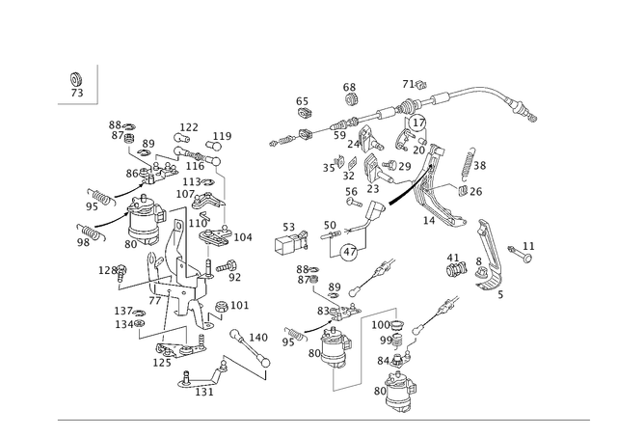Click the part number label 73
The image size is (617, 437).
click(x=77, y=93)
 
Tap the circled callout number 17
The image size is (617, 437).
click(x=417, y=123)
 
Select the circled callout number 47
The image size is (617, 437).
click(x=349, y=252)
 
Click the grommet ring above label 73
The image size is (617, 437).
click(x=75, y=79)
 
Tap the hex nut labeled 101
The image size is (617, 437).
click(x=221, y=307)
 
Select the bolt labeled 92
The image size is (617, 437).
click(x=226, y=266)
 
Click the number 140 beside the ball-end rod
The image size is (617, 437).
click(x=258, y=338)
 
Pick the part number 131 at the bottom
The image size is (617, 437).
click(x=204, y=392)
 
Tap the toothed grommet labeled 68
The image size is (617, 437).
click(x=350, y=99)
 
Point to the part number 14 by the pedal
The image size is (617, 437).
click(x=428, y=221)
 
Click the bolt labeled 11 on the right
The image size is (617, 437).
click(x=520, y=255)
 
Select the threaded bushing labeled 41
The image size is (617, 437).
click(x=456, y=270)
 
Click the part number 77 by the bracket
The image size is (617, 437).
click(x=154, y=301)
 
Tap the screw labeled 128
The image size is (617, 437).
click(x=121, y=272)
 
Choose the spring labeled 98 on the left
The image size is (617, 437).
click(x=92, y=232)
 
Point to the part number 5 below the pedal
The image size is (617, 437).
click(x=500, y=294)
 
